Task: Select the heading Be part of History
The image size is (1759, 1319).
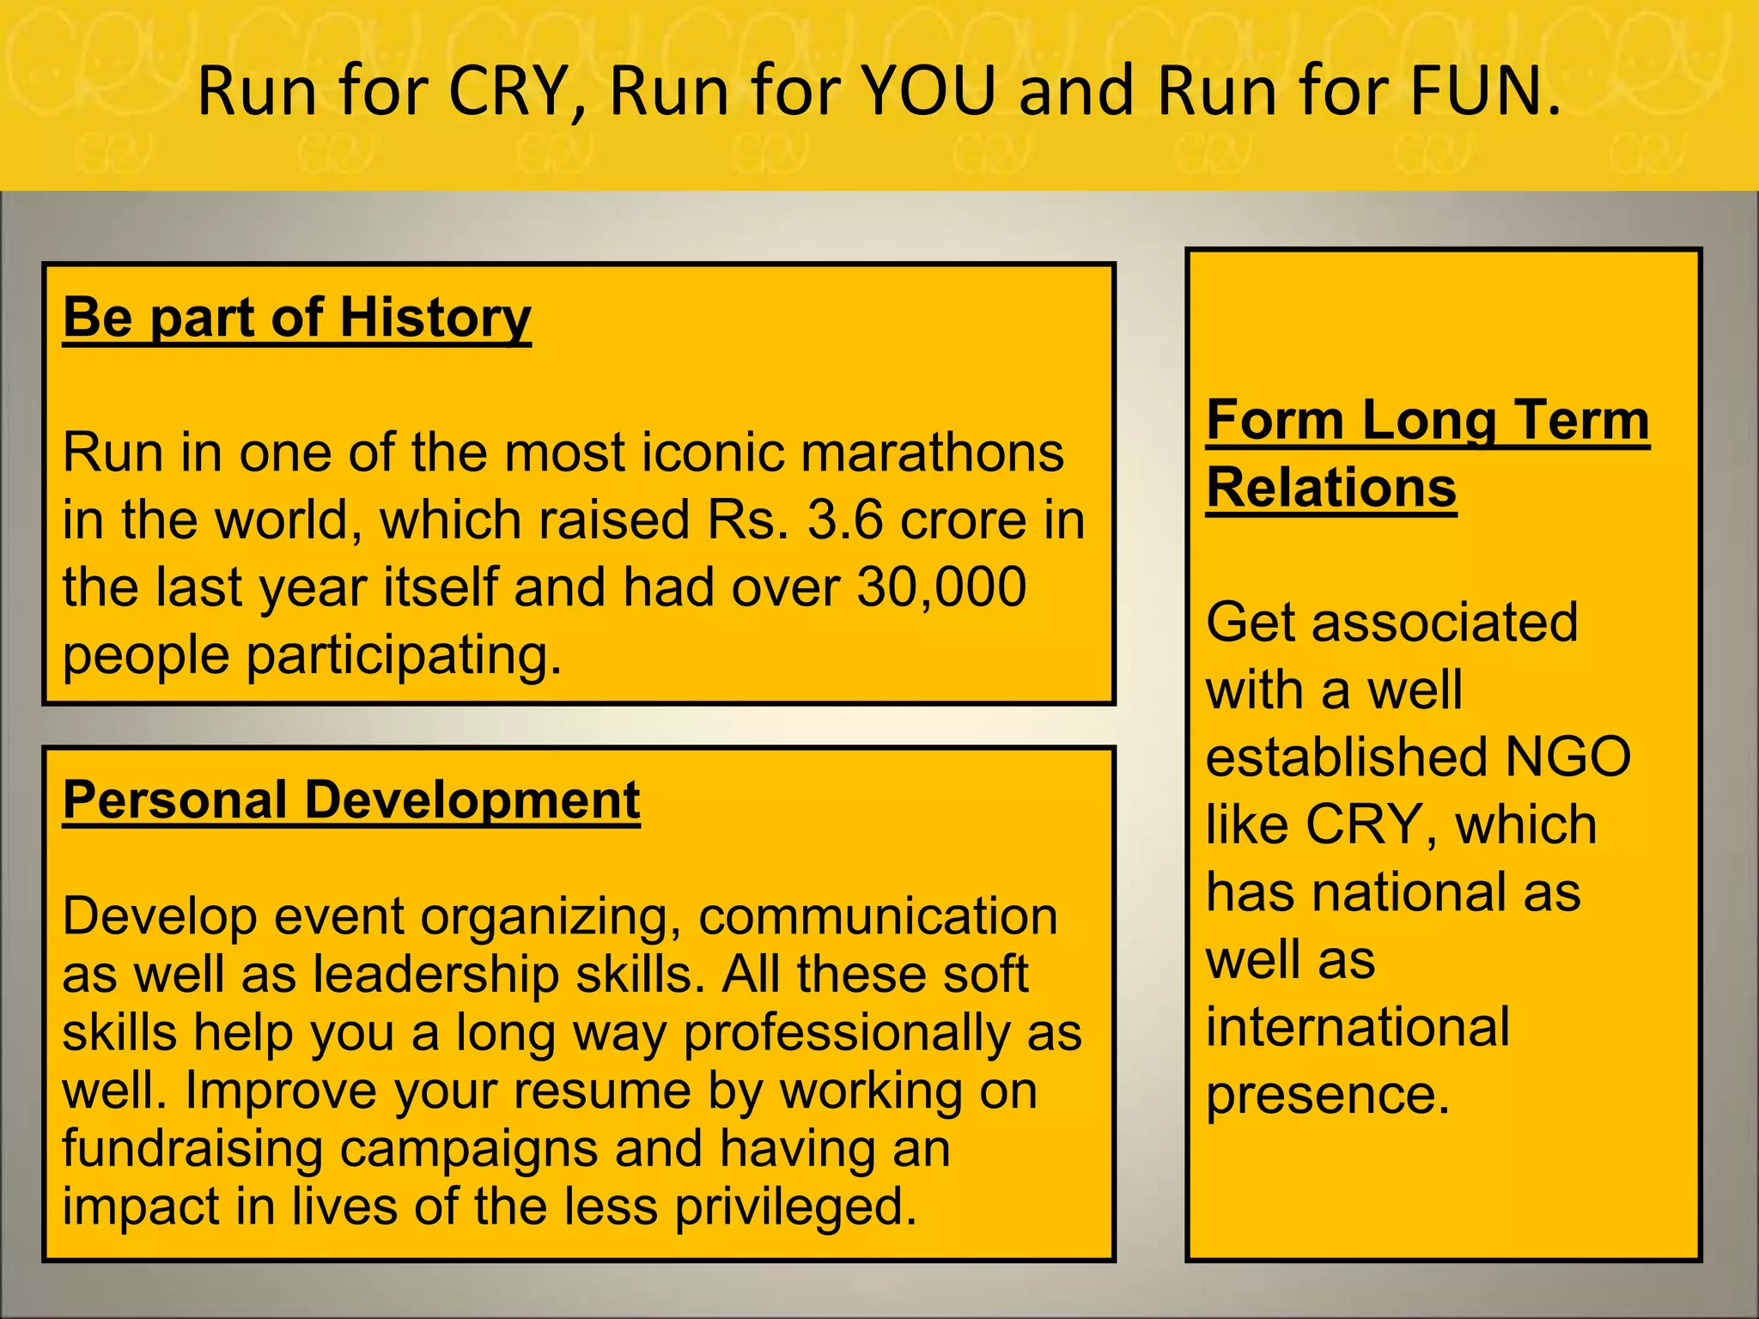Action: [x=297, y=318]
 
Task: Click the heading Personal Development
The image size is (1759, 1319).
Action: [x=351, y=800]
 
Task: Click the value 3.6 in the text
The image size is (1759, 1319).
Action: [x=845, y=520]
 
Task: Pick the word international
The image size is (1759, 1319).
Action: [x=1357, y=1027]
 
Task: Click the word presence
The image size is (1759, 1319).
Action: [x=1328, y=1095]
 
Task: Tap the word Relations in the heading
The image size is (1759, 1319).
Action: [x=1330, y=488]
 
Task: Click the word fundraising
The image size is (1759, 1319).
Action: [x=192, y=1149]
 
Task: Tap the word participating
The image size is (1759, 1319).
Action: [x=404, y=655]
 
